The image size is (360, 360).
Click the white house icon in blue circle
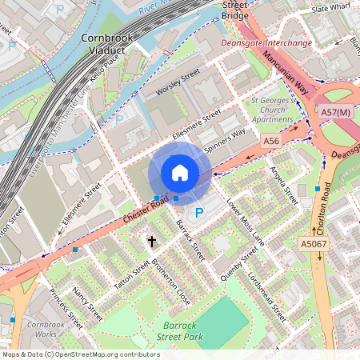[180, 173]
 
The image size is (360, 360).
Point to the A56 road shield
[272, 140]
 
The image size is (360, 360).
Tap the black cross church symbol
[151, 241]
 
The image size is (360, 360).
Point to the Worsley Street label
[178, 84]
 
